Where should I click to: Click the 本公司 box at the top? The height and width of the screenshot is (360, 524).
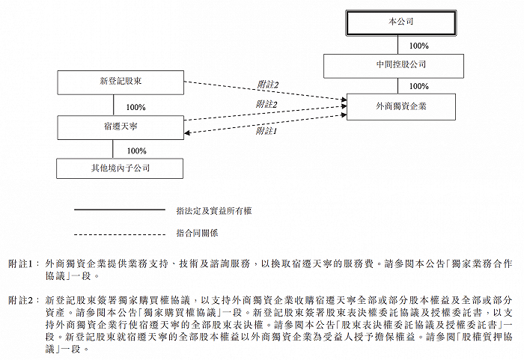pos(400,22)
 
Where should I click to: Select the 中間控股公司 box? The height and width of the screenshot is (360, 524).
pos(393,66)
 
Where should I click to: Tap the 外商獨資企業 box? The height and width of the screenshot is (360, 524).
pos(401,106)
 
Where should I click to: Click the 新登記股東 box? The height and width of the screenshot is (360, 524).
pos(121,82)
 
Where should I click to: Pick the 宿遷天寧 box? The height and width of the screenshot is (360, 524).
pos(121,127)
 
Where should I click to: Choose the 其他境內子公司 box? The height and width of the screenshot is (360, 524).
pos(120,168)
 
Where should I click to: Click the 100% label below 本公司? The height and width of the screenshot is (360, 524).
pos(419,46)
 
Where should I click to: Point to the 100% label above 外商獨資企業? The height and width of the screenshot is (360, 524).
pos(419,86)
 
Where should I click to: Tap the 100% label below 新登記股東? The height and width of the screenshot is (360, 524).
pos(135,107)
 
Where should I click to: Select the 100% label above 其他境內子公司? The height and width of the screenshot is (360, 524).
pos(137,150)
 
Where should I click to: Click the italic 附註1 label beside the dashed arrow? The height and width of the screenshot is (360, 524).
pos(266,131)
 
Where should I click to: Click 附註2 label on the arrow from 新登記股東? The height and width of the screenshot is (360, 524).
pos(268,85)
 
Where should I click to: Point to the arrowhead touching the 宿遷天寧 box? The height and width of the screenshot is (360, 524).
pos(187,132)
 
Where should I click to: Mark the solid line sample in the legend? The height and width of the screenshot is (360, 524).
pos(120,210)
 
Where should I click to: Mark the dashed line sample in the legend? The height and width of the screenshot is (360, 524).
pos(120,234)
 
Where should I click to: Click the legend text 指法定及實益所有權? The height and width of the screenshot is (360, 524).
pos(214,211)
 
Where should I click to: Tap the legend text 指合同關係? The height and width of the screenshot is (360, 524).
pos(197,233)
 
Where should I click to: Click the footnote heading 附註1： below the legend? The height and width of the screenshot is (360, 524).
pos(24,264)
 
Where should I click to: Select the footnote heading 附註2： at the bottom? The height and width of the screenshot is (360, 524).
pos(24,301)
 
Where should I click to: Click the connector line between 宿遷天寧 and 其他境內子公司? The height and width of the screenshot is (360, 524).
pos(113,149)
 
